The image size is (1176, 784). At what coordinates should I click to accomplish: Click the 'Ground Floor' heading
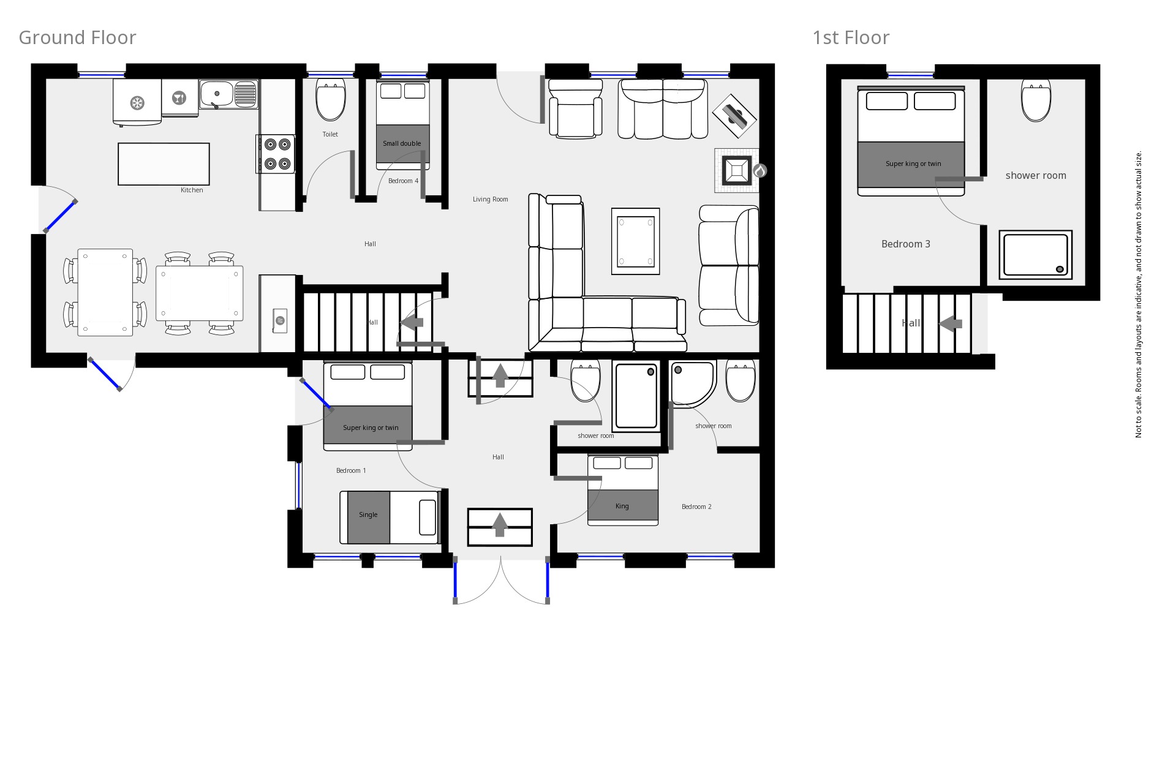[77, 38]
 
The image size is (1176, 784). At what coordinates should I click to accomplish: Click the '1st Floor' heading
[850, 38]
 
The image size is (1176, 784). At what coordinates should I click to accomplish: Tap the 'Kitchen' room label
[192, 190]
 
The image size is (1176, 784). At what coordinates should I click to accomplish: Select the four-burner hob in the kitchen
[277, 154]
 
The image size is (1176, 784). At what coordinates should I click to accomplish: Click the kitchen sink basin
[216, 94]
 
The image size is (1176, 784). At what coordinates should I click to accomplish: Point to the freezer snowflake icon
[137, 102]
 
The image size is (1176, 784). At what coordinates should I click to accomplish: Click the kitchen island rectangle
[164, 164]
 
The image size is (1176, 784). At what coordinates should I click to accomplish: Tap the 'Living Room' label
[490, 199]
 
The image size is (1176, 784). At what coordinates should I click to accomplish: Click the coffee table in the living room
[635, 241]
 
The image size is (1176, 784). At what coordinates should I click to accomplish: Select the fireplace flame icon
[759, 171]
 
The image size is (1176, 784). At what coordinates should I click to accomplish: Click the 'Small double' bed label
[402, 143]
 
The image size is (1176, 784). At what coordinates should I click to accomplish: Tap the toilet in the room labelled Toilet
[331, 102]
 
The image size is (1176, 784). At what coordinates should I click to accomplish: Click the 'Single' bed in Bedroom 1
[390, 517]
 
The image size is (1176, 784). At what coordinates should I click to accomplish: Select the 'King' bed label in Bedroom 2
[622, 506]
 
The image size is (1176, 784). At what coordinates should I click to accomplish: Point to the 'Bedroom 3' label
[905, 244]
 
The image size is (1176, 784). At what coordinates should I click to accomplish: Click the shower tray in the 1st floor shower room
[1035, 255]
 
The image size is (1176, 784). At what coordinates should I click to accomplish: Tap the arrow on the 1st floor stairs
[951, 323]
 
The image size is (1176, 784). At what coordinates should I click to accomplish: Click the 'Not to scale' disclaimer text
[1139, 294]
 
